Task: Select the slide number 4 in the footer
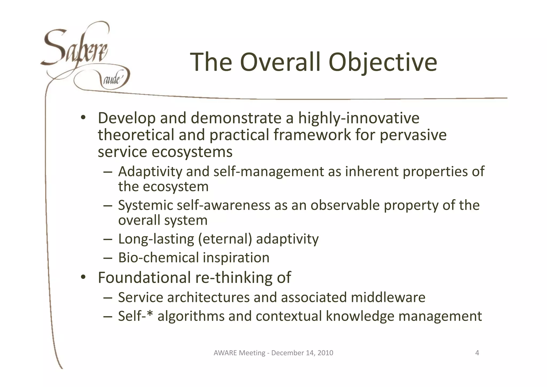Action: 477,353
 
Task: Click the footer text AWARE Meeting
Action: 239,353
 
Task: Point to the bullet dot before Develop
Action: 83,118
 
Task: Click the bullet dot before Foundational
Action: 83,277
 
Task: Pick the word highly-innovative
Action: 358,118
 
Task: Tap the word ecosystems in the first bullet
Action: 192,152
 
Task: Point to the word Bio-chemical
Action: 158,258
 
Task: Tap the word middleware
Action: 388,297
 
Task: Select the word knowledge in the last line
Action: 360,316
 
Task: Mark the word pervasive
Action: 413,135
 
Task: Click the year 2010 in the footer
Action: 325,353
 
